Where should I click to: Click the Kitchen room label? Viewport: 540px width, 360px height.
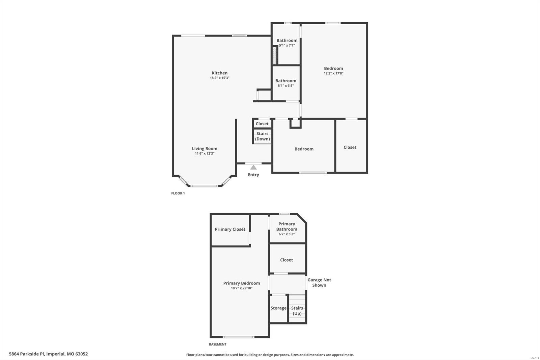tap(219, 73)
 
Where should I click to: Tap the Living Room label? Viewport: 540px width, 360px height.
tap(205, 149)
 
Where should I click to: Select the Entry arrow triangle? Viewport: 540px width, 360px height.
tap(253, 168)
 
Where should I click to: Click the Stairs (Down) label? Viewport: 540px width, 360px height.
tap(262, 136)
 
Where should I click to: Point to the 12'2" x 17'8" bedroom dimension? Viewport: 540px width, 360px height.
tap(333, 73)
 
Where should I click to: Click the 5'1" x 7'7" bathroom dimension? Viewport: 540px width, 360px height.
tap(287, 45)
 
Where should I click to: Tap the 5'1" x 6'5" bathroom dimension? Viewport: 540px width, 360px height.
tap(286, 86)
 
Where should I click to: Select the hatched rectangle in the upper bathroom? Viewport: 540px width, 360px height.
tap(275, 56)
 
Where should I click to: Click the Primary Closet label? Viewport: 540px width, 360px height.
tap(230, 229)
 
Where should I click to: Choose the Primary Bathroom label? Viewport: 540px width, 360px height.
tap(287, 226)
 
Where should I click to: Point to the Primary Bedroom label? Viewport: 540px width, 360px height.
tap(242, 283)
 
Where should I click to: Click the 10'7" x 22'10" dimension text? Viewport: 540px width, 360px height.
tap(242, 288)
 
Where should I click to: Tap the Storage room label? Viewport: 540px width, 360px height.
tap(278, 308)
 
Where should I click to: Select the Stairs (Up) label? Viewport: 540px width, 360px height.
tap(297, 311)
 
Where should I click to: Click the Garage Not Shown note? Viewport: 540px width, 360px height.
tap(319, 282)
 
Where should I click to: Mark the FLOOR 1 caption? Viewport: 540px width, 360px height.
tap(178, 194)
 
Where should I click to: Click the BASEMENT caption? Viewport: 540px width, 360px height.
tap(217, 344)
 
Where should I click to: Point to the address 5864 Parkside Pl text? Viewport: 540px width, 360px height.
tap(48, 354)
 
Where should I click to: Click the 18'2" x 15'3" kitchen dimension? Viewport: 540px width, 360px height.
tap(219, 78)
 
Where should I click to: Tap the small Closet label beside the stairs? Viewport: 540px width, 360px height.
tap(262, 124)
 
